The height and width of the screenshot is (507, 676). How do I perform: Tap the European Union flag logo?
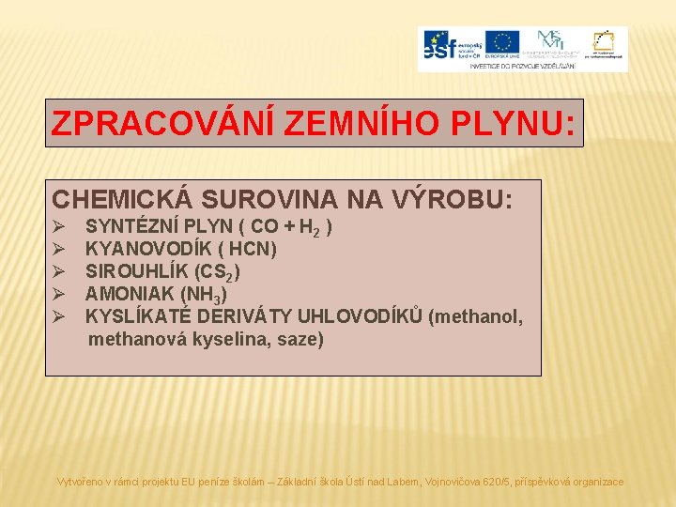(502, 43)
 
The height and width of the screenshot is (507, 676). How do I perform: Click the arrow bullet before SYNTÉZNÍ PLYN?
(58, 226)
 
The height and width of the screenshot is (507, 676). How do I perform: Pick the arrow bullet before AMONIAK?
(58, 294)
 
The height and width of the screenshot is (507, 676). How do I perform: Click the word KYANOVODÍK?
(141, 249)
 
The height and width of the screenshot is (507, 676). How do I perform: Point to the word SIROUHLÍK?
(136, 271)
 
